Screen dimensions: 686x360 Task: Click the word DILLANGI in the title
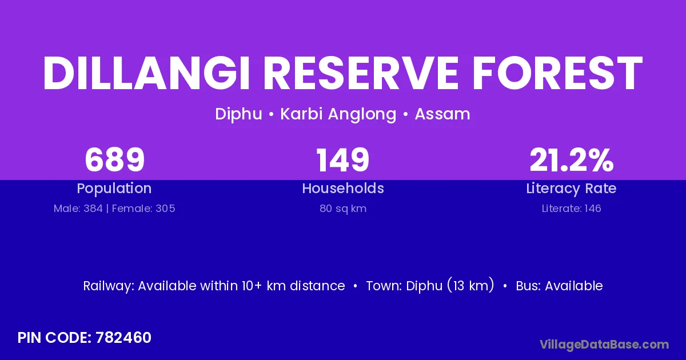coord(146,74)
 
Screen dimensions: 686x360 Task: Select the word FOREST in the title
coord(558,74)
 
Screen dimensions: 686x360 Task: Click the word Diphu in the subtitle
coord(238,114)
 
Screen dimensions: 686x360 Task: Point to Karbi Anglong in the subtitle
coord(338,114)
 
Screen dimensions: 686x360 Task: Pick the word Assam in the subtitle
coord(442,114)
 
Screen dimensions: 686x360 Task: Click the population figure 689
coord(114,159)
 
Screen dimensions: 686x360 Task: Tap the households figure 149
coord(342,159)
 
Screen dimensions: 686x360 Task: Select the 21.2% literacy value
coord(572,159)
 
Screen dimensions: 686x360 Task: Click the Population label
coord(114,188)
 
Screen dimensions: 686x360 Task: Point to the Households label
coord(343,188)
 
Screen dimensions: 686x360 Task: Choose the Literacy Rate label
coord(572,188)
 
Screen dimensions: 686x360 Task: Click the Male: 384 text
coord(78,209)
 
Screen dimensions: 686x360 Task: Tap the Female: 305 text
coord(143,209)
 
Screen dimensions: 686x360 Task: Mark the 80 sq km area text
coord(343,209)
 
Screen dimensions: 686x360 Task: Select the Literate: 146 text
coord(572,209)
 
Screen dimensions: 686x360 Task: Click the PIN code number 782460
coord(123,338)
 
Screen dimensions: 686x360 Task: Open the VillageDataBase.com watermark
coord(604,345)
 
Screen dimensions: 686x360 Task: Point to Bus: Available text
coord(559,286)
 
